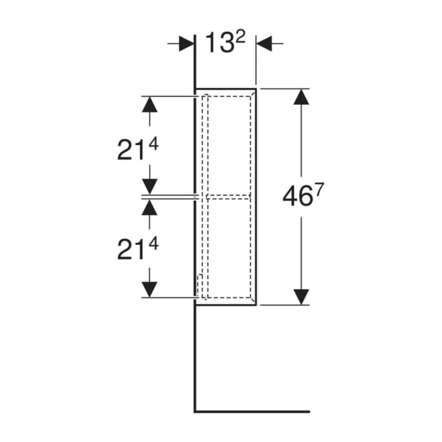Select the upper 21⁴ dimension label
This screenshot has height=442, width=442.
coord(138,150)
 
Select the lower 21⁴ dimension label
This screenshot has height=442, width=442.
coord(138,249)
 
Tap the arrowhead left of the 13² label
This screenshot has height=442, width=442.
coord(186,44)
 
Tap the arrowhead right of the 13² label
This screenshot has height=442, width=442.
coord(264,44)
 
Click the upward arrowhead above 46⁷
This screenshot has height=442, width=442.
coord(301,97)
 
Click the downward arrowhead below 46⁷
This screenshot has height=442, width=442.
coord(301,297)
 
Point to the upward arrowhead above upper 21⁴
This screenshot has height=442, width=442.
coord(149,104)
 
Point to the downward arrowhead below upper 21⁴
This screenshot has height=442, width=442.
coord(149,186)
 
